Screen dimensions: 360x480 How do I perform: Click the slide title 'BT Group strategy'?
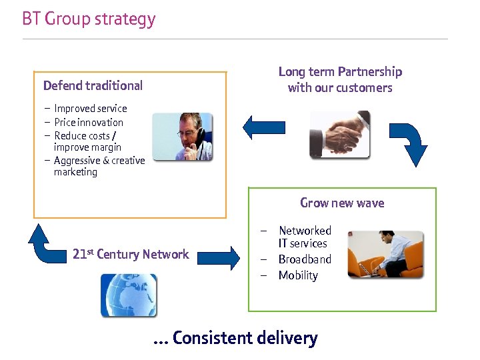pos(89,19)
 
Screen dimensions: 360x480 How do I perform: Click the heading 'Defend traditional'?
pos(93,85)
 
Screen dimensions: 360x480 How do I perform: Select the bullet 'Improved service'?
pos(90,108)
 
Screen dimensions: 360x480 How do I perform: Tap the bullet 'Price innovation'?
pos(89,122)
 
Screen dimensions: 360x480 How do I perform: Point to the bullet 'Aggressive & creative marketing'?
pos(99,166)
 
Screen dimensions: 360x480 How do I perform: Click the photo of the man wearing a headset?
pos(182,137)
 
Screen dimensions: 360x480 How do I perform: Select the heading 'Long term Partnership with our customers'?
pos(340,79)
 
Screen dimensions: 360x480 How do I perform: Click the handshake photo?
pos(339,134)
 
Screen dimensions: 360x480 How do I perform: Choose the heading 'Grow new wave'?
pos(342,203)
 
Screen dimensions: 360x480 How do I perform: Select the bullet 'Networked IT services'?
pos(304,237)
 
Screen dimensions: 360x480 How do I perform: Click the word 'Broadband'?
pos(305,259)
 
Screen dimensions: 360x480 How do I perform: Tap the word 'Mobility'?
pos(298,275)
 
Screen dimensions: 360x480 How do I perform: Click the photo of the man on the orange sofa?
pos(385,254)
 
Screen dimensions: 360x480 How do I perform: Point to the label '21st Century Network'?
pos(131,254)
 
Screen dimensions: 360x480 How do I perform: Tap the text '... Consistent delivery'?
pos(235,338)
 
